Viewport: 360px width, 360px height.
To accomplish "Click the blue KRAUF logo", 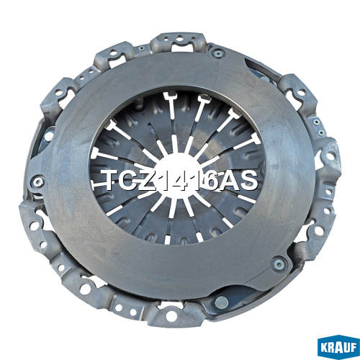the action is tap(338, 347).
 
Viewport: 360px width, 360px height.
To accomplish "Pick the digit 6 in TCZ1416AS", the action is tap(208, 181).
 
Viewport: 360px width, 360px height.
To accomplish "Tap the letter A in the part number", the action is tap(227, 181).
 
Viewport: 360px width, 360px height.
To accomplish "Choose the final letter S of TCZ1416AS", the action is tap(247, 181).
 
